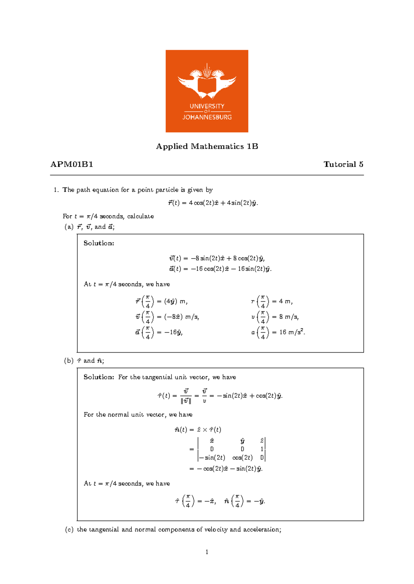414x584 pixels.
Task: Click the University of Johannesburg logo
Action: pos(207,91)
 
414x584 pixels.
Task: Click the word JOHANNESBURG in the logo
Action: pos(207,117)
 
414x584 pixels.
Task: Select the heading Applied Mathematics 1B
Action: pos(207,146)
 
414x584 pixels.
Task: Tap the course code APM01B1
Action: pos(72,164)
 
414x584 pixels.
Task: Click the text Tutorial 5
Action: pos(343,164)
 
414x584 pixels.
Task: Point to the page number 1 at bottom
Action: pos(207,552)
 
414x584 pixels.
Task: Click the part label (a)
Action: pos(69,227)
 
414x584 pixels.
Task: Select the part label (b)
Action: pos(69,361)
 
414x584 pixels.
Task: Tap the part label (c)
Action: pos(69,529)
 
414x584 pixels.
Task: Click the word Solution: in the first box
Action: pos(99,243)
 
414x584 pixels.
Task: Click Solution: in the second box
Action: pos(99,377)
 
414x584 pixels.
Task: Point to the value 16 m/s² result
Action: pos(292,332)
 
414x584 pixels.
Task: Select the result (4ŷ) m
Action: pos(176,301)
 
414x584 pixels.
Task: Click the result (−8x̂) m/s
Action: pos(181,317)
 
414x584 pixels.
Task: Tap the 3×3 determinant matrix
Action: pos(231,449)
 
